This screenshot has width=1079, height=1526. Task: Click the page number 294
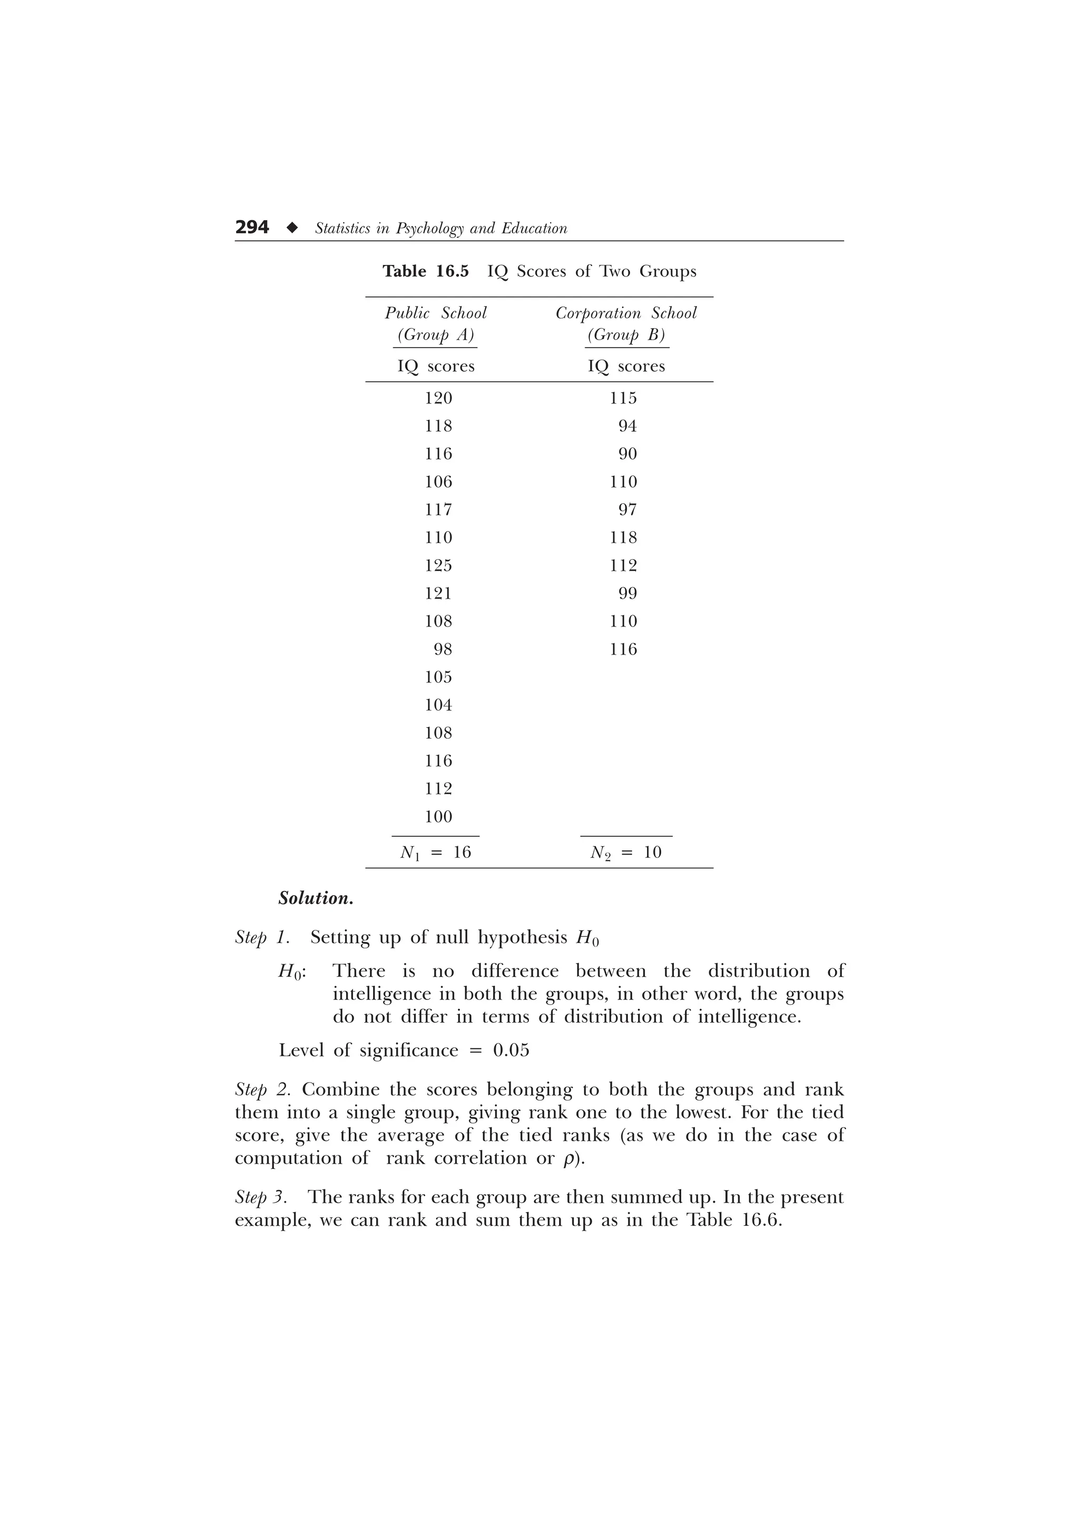point(252,227)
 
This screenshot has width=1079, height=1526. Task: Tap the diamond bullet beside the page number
point(291,228)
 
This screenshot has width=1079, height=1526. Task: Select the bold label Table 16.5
point(426,271)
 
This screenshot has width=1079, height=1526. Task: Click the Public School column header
point(436,313)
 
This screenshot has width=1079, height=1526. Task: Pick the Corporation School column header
point(626,313)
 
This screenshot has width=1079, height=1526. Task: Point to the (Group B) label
point(626,335)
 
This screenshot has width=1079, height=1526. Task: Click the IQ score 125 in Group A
point(438,566)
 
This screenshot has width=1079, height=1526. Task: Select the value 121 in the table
point(438,593)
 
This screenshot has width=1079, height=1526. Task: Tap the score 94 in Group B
point(627,426)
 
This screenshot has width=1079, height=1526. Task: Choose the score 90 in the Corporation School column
point(627,454)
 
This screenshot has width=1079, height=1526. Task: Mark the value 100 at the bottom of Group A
point(438,817)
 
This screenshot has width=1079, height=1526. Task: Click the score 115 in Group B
point(623,398)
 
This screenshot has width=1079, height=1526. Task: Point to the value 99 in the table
point(627,593)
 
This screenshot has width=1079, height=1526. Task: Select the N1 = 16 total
point(436,853)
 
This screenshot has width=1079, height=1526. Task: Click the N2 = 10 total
point(625,853)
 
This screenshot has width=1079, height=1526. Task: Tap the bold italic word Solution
point(316,898)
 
